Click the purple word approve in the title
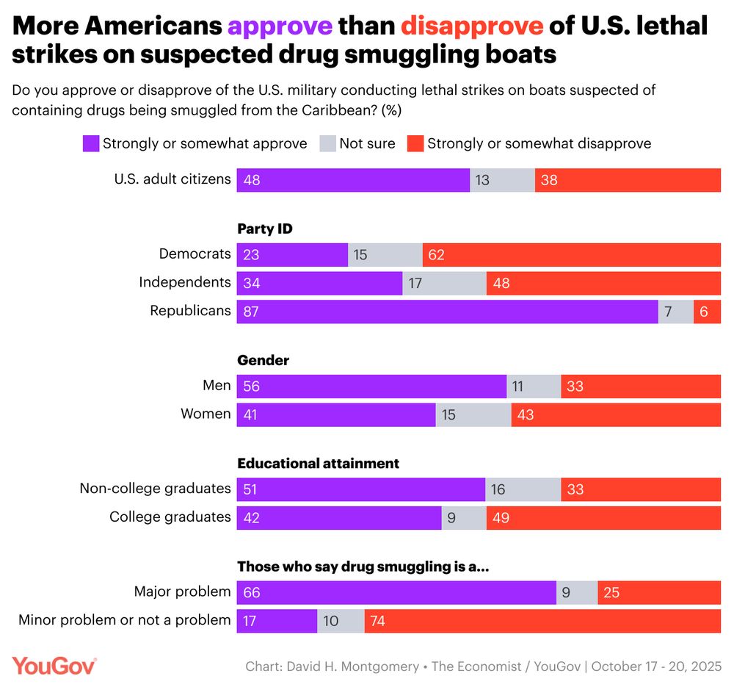[280, 26]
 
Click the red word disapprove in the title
[472, 26]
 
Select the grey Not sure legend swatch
[327, 143]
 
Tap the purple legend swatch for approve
[90, 143]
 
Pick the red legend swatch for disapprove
[415, 143]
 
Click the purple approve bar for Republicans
[447, 312]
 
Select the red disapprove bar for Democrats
[571, 254]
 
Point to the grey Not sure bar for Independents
[444, 283]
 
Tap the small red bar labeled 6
[707, 312]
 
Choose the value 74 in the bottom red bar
[378, 621]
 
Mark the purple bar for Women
[336, 414]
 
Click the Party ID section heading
[264, 229]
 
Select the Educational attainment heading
[318, 464]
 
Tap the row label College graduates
[170, 517]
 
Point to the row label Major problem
[182, 592]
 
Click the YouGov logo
[54, 666]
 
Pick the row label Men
[217, 385]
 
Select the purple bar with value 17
[277, 621]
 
